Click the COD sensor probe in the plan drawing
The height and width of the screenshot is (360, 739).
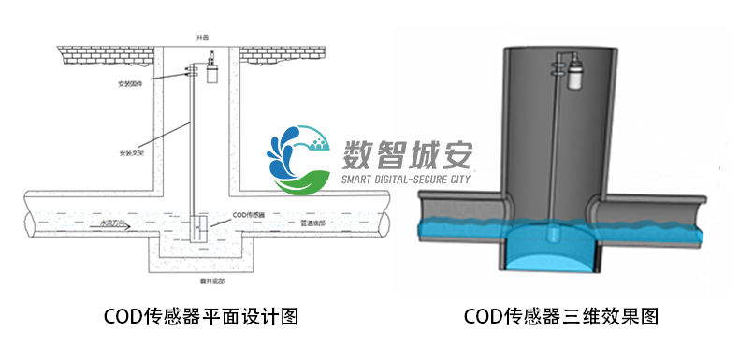click(197, 227)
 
